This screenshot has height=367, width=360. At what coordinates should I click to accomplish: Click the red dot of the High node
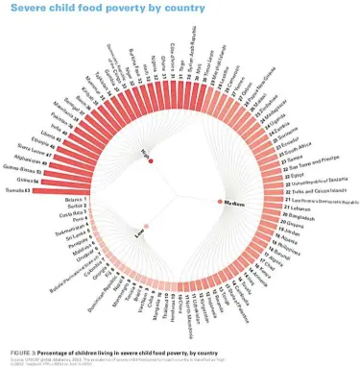pyautogui.click(x=151, y=151)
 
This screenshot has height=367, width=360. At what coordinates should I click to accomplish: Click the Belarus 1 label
pyautogui.click(x=74, y=199)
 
